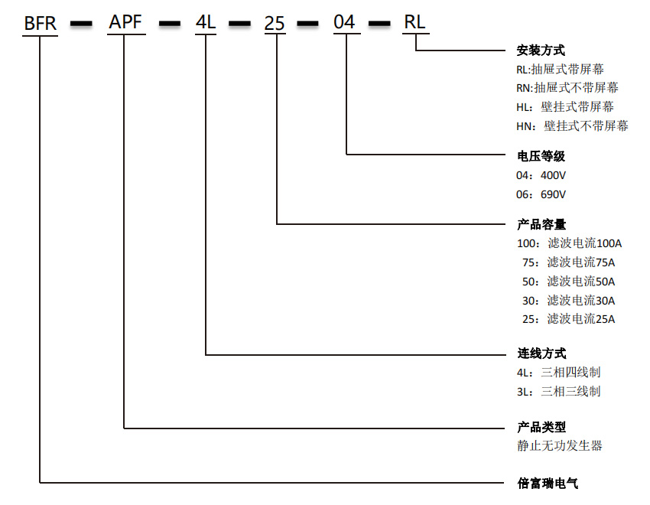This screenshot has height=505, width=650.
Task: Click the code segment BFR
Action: (x=41, y=23)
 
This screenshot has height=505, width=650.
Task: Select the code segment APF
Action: (x=125, y=23)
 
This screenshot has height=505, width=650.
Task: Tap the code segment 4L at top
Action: (x=206, y=23)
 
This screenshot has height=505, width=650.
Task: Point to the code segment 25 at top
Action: (x=275, y=23)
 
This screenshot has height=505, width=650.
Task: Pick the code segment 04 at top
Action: (x=345, y=23)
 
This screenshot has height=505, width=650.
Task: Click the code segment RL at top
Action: (x=414, y=23)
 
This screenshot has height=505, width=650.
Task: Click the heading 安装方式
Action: (x=541, y=50)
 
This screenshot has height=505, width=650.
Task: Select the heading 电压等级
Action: (x=541, y=156)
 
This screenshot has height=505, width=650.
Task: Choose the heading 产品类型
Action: (x=541, y=427)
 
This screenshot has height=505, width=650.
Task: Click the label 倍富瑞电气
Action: (x=548, y=484)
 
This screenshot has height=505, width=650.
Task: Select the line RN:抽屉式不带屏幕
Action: (x=567, y=88)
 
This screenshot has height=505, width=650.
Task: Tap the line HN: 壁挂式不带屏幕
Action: (x=572, y=125)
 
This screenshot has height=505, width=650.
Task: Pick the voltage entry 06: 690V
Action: (x=541, y=194)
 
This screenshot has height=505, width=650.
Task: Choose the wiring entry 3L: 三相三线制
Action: (x=558, y=391)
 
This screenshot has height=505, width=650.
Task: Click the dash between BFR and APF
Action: (x=83, y=24)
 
